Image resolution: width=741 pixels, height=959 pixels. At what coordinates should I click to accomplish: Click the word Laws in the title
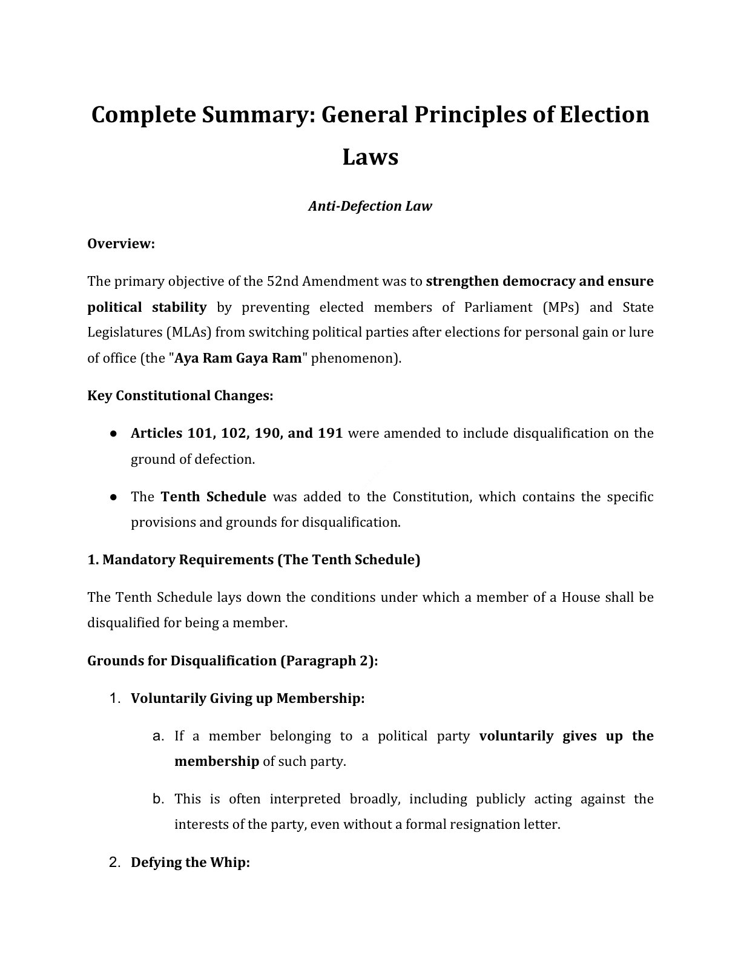click(370, 157)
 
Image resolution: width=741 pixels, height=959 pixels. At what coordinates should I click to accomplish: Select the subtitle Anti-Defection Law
click(370, 206)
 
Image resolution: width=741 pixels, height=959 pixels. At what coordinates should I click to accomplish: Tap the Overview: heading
click(121, 243)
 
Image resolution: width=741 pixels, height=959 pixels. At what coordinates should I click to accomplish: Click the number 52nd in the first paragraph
click(282, 281)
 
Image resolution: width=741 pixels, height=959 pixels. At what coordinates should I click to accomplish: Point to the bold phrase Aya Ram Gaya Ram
click(238, 358)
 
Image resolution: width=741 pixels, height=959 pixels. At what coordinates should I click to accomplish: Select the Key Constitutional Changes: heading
click(180, 395)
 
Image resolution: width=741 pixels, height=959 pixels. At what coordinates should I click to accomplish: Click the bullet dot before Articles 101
click(113, 433)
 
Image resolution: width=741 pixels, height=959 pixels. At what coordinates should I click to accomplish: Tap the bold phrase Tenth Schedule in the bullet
click(213, 497)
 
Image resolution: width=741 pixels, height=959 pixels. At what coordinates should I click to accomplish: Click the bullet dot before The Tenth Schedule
click(113, 497)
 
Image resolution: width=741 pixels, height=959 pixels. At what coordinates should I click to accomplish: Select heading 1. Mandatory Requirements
click(254, 559)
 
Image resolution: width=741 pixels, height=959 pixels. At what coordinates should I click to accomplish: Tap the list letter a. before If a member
click(159, 736)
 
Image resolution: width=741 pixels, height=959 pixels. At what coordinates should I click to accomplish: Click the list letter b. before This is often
click(159, 799)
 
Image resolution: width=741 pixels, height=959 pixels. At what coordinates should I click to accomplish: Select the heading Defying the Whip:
click(190, 863)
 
